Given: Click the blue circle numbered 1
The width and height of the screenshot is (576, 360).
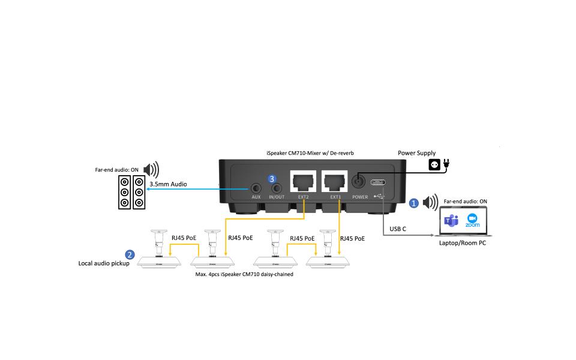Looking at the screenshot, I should (x=413, y=203).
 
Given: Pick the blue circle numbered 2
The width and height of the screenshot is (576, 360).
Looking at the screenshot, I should (x=130, y=255).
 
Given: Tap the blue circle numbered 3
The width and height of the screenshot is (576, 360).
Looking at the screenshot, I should (x=272, y=179).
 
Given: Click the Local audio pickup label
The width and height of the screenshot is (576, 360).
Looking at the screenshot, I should (x=104, y=263).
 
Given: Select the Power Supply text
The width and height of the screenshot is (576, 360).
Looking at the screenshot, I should (x=417, y=153).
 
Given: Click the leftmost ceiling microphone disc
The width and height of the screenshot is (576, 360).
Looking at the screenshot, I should (x=160, y=262).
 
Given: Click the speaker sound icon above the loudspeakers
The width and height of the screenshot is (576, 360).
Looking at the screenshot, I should (x=151, y=170).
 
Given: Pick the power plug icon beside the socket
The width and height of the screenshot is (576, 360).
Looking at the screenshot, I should (x=446, y=163).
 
